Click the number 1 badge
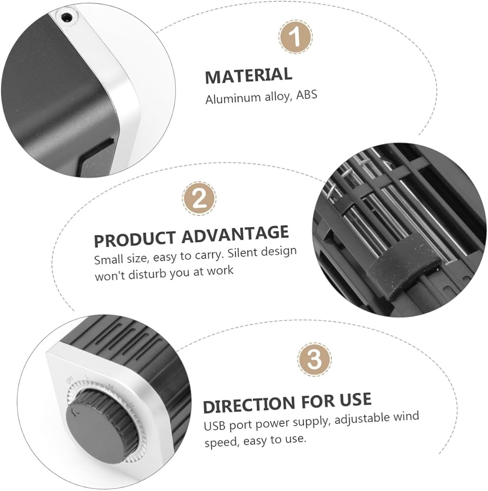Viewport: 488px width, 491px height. (295, 36)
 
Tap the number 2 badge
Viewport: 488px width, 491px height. (199, 198)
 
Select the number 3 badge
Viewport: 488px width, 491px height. (314, 359)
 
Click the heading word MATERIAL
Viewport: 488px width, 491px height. (249, 76)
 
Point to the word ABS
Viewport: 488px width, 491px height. (307, 95)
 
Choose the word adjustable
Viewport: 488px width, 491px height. (362, 419)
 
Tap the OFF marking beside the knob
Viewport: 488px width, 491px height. (70, 381)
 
